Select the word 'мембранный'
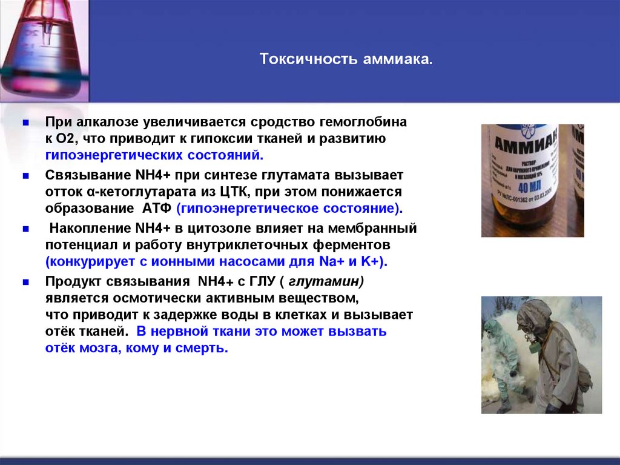click(x=380, y=230)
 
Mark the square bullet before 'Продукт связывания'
click(x=25, y=284)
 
